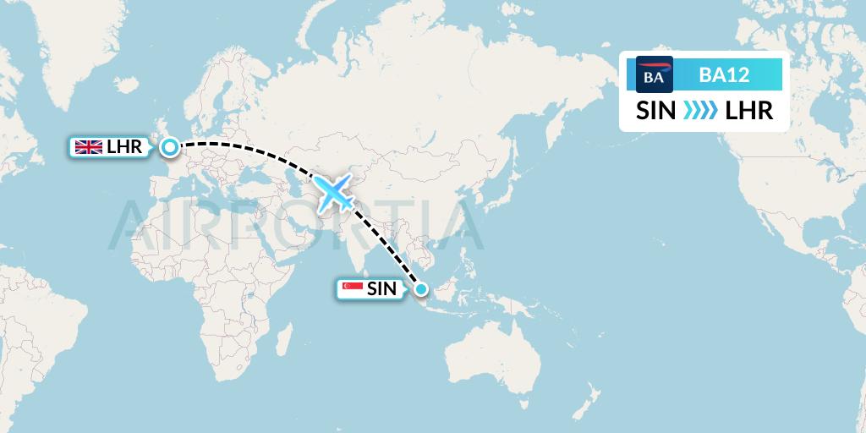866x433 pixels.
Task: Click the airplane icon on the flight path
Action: (x=335, y=193)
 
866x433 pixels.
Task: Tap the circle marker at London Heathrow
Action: (x=170, y=148)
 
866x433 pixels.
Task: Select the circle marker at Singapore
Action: (x=422, y=290)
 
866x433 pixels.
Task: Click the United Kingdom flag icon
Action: (x=89, y=147)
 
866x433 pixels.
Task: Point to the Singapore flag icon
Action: (x=351, y=289)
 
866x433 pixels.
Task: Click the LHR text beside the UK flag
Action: (x=124, y=147)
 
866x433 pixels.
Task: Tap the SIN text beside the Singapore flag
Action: (x=381, y=289)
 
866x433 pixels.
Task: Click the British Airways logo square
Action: (x=654, y=75)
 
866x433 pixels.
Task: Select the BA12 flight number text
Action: (x=724, y=75)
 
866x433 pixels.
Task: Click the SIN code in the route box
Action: (x=655, y=111)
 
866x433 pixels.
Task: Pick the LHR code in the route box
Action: (x=748, y=111)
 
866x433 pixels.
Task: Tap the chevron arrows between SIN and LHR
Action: (x=699, y=111)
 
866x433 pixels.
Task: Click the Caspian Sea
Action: (x=298, y=182)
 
